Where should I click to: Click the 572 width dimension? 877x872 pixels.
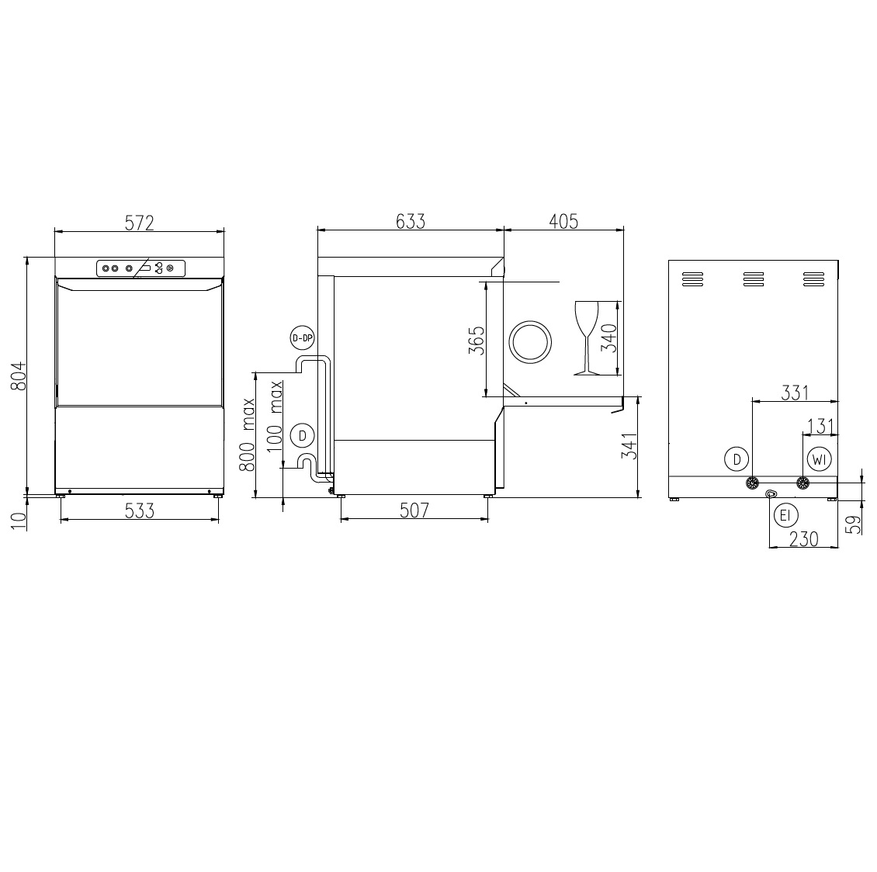[x=139, y=223]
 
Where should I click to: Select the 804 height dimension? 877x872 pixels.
[x=19, y=375]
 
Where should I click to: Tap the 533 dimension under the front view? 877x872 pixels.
[x=139, y=511]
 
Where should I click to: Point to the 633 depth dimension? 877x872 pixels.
[x=411, y=221]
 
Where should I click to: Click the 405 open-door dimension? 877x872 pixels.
[x=563, y=221]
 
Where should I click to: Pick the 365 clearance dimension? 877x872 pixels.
[x=477, y=341]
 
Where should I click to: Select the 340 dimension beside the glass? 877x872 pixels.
[x=609, y=338]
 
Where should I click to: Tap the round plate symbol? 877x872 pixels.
[x=529, y=341]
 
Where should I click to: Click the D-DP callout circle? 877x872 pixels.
[x=302, y=337]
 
